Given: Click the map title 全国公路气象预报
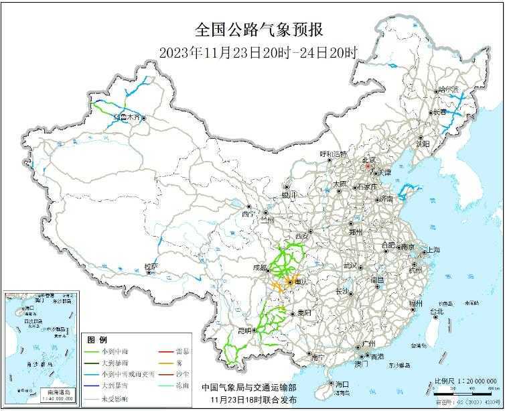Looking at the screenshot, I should pos(259,30).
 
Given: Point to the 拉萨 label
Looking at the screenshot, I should pos(151,266).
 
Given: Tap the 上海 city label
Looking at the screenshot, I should pos(431,250).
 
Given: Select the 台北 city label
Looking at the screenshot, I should pos(436,312).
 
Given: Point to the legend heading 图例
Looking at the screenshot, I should pos(98,339).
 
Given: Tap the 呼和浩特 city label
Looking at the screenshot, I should pos(334,154).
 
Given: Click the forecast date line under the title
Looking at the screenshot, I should pos(259,52).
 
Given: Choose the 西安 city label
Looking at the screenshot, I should pos(303,236).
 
